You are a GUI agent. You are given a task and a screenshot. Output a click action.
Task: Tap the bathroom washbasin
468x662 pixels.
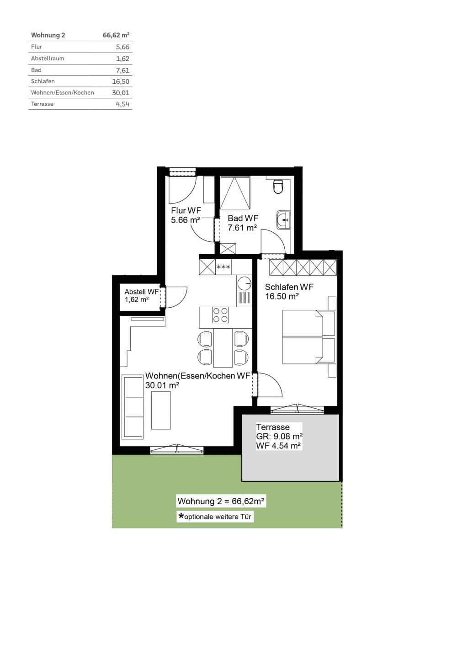pyautogui.click(x=283, y=220)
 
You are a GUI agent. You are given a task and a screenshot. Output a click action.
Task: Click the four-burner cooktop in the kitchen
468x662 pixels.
pyautogui.click(x=220, y=315)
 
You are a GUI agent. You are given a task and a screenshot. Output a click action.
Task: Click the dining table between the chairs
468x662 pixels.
pyautogui.click(x=223, y=347)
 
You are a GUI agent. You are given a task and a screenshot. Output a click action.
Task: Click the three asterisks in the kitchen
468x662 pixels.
pyautogui.click(x=223, y=267)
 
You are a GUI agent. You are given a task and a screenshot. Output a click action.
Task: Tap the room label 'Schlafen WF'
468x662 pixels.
pyautogui.click(x=289, y=287)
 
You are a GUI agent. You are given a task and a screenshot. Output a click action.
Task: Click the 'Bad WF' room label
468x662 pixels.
pyautogui.click(x=243, y=219)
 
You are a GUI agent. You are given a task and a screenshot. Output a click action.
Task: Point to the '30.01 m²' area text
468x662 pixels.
pyautogui.click(x=162, y=385)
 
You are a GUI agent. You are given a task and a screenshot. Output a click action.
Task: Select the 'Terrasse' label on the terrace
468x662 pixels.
pyautogui.click(x=272, y=427)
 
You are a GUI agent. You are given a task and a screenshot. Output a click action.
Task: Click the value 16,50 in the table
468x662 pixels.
pyautogui.click(x=121, y=81)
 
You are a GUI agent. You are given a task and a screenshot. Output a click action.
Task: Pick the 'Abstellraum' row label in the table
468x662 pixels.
pyautogui.click(x=48, y=59)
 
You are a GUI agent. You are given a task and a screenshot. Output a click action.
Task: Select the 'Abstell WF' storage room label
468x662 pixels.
pyautogui.click(x=141, y=292)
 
